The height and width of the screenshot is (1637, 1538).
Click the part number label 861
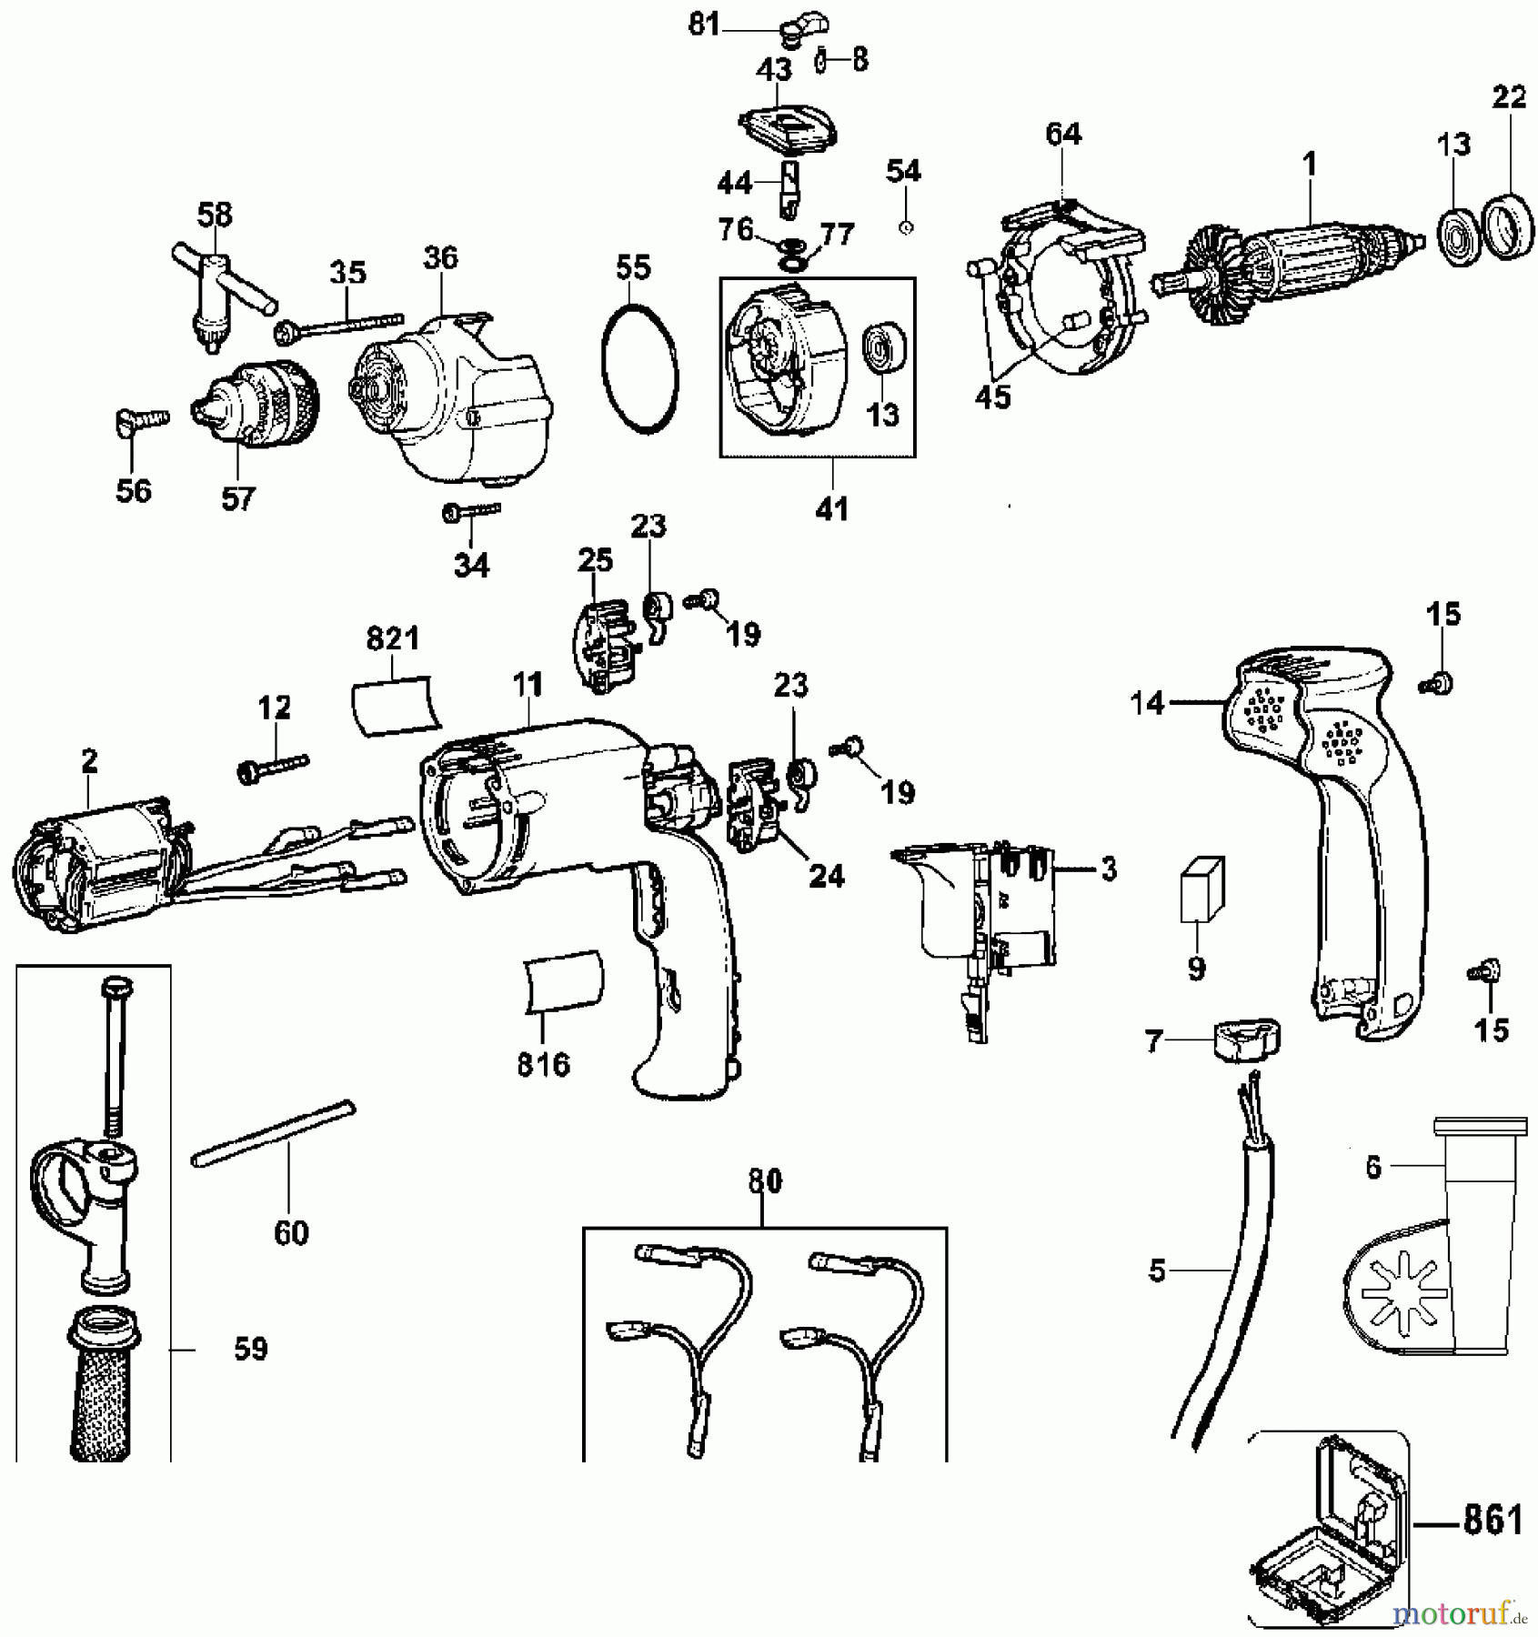pos(1493,1520)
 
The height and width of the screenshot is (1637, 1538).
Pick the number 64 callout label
pos(1063,135)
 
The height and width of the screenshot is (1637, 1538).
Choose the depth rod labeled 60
pos(273,1132)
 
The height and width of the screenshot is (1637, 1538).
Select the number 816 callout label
pos(543,1064)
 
